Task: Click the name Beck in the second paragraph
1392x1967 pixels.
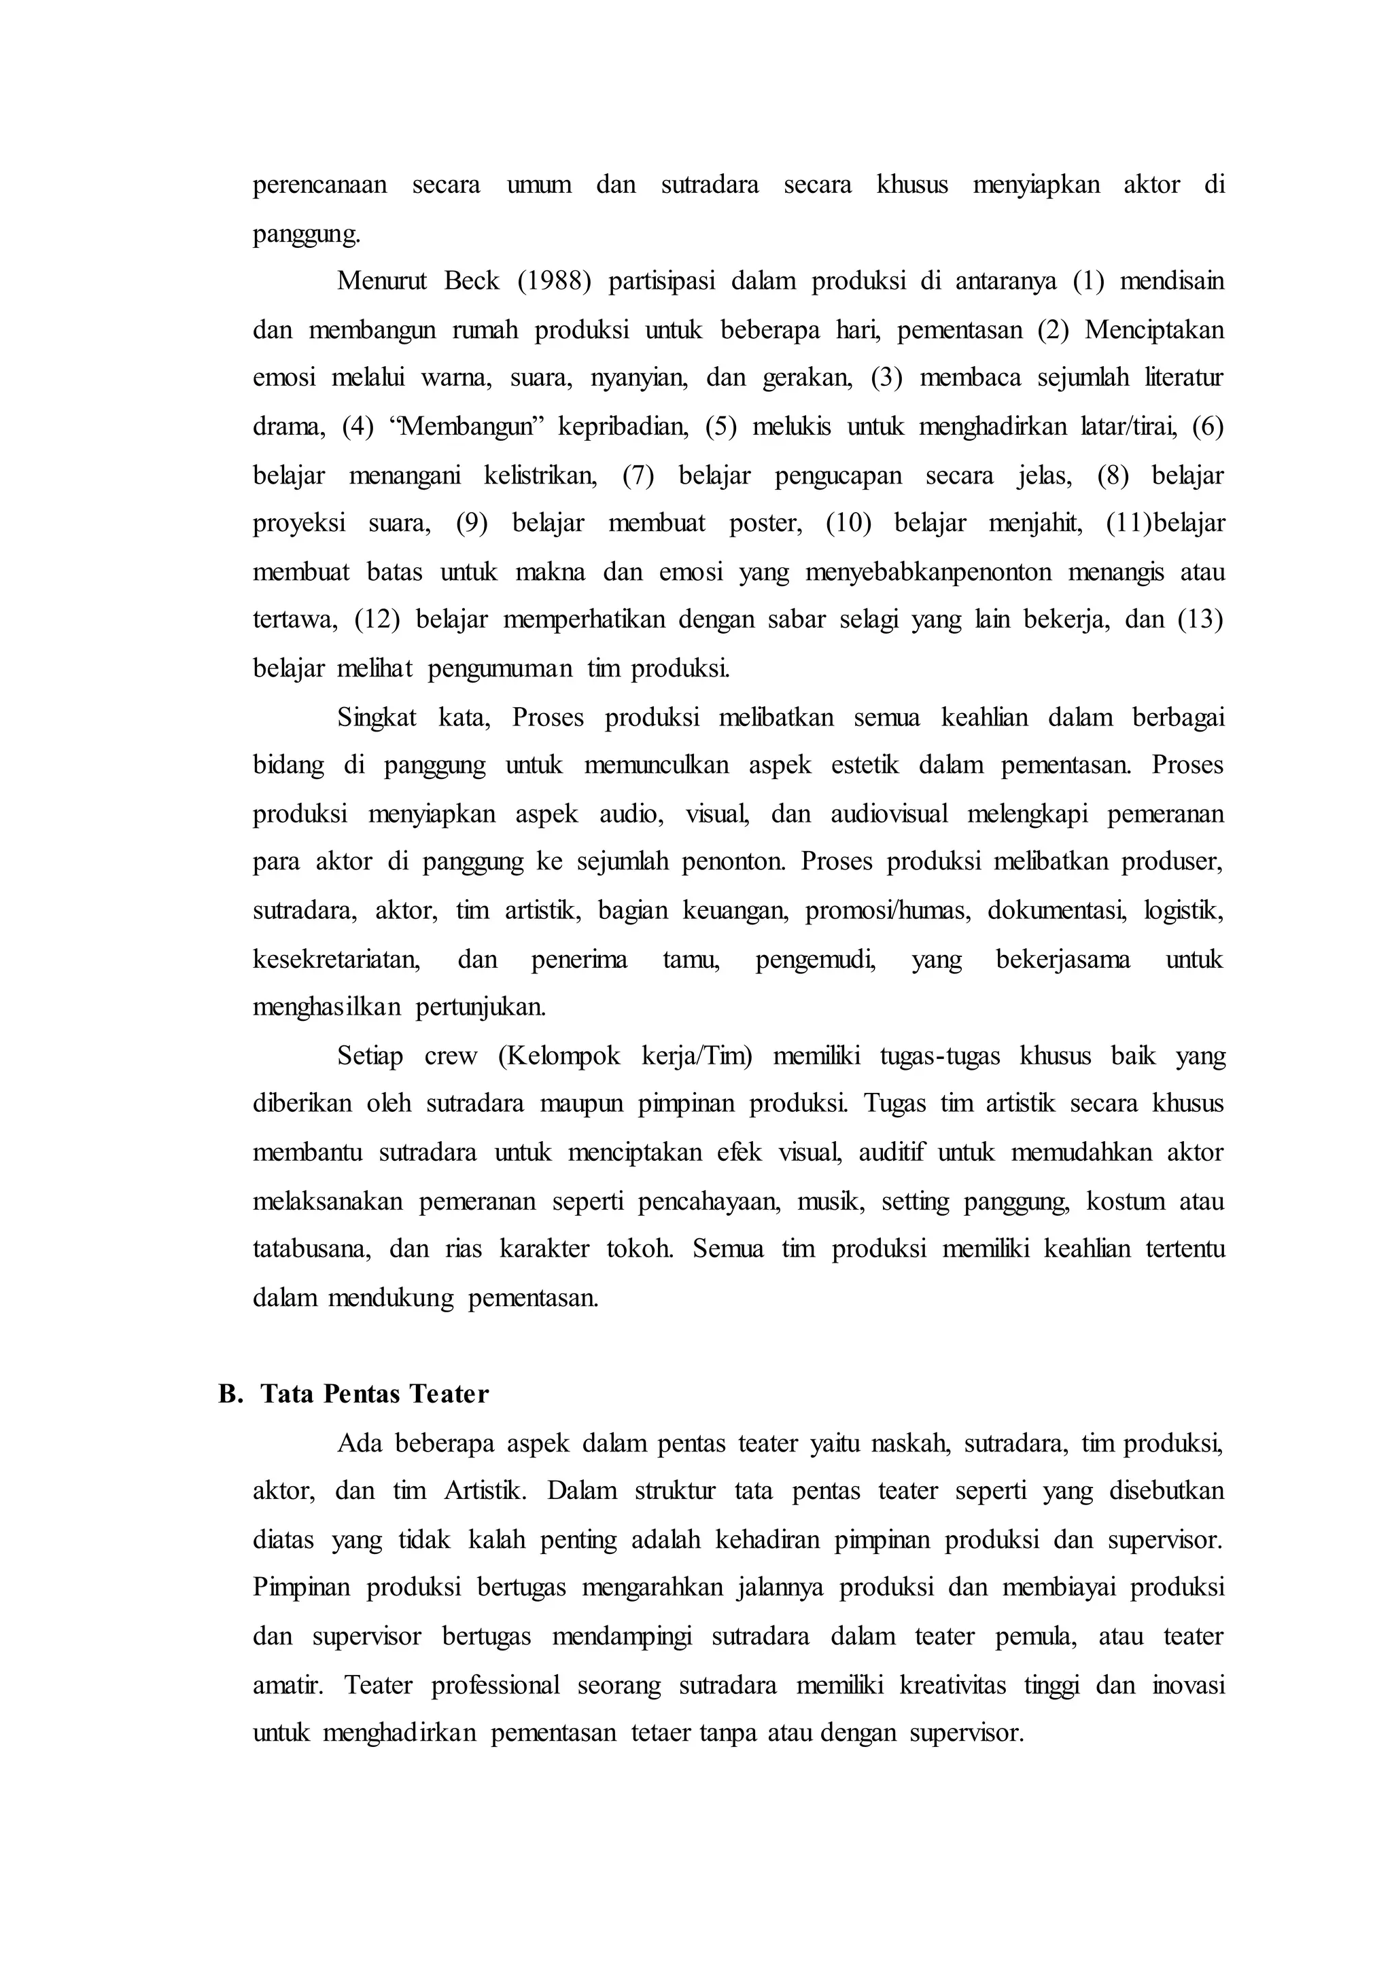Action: click(472, 282)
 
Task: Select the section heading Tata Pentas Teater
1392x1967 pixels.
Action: click(375, 1394)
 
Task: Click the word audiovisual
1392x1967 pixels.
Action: click(889, 814)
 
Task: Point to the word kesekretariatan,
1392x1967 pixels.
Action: click(336, 960)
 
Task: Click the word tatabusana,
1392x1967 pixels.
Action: click(312, 1249)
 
